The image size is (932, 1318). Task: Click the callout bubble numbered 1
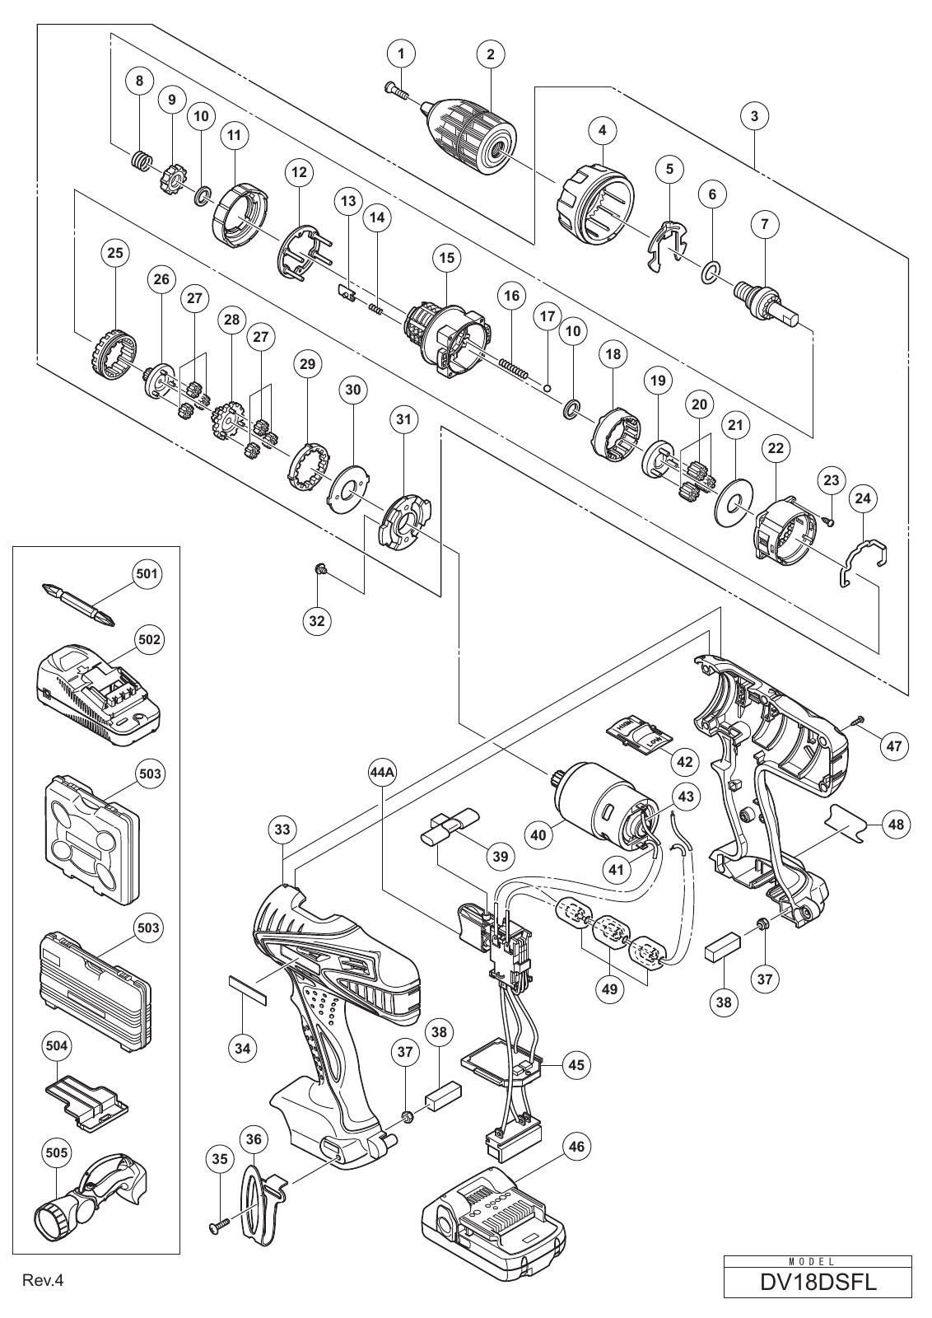click(x=401, y=54)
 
